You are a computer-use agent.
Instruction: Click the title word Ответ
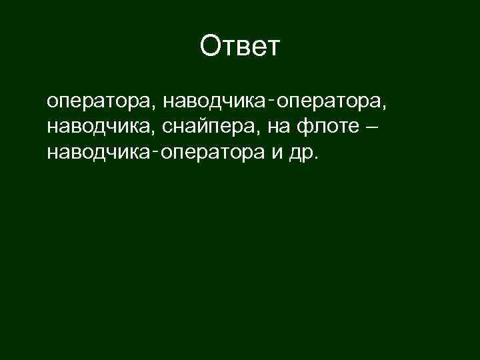pyautogui.click(x=240, y=47)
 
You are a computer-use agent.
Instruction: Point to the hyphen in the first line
pyautogui.click(x=273, y=100)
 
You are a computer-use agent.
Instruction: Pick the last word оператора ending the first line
pyautogui.click(x=329, y=103)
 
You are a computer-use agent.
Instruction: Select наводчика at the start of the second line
pyautogui.click(x=101, y=127)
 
